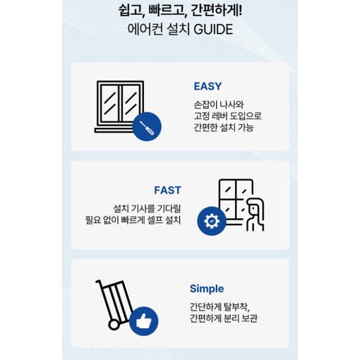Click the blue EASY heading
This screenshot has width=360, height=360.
coord(208,86)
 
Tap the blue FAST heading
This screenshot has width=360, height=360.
coord(167,190)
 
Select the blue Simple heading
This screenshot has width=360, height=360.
coord(207,289)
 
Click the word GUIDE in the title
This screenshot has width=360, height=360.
coord(213,30)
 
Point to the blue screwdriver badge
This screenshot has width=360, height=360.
coord(147,126)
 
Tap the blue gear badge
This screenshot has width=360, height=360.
coord(212,221)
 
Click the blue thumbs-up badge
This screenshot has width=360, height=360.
coord(143,321)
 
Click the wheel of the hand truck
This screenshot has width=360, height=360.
coord(114,325)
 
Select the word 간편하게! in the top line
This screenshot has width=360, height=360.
coord(216,11)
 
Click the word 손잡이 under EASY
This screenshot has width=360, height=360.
coord(206,104)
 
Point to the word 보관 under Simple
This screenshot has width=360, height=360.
coord(250,318)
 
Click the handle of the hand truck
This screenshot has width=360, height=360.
coord(98,282)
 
